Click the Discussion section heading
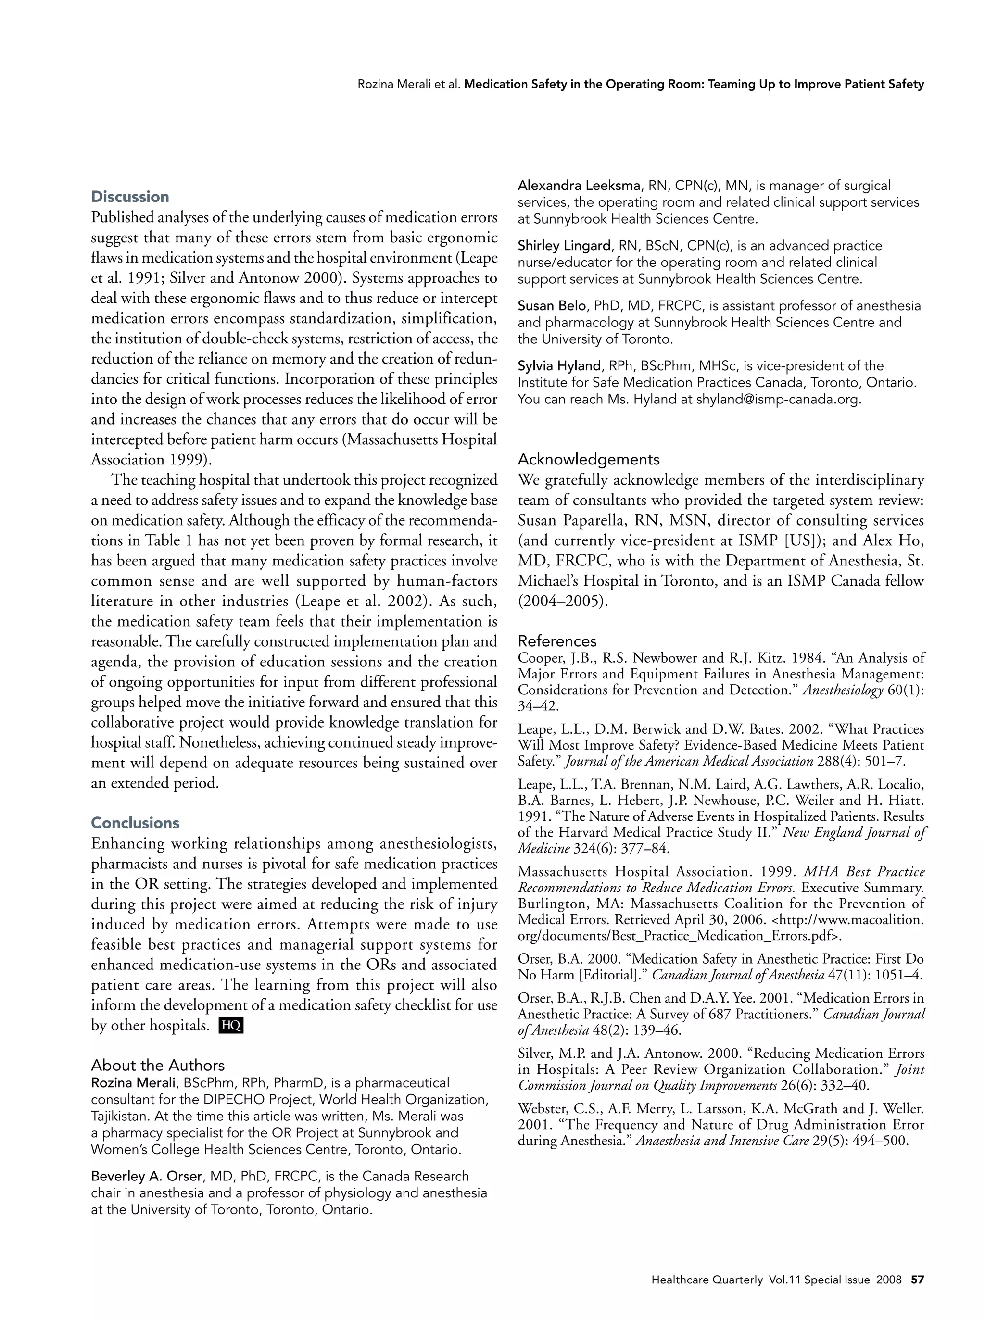pos(130,197)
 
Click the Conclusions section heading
pos(135,823)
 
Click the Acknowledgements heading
pos(588,459)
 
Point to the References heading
pos(556,641)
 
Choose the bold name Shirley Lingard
pos(564,246)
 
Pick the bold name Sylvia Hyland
pos(558,366)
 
